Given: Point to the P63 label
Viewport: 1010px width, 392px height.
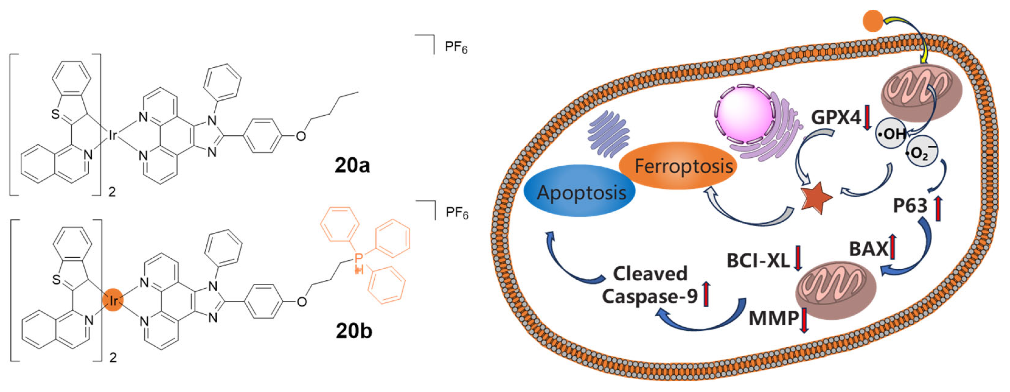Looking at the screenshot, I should coord(910,206).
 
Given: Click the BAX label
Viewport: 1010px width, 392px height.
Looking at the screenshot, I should coord(868,249).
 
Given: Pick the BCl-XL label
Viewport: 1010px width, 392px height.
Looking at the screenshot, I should coord(758,261).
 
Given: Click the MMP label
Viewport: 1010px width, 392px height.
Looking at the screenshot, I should coord(773,318).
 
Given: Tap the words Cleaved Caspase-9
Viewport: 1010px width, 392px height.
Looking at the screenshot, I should coord(650,285).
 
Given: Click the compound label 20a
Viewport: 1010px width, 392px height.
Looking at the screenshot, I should coord(352,165).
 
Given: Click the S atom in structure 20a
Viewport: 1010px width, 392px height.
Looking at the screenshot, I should coord(56,115).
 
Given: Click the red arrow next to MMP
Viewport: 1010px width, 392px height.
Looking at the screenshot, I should coord(804,320).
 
